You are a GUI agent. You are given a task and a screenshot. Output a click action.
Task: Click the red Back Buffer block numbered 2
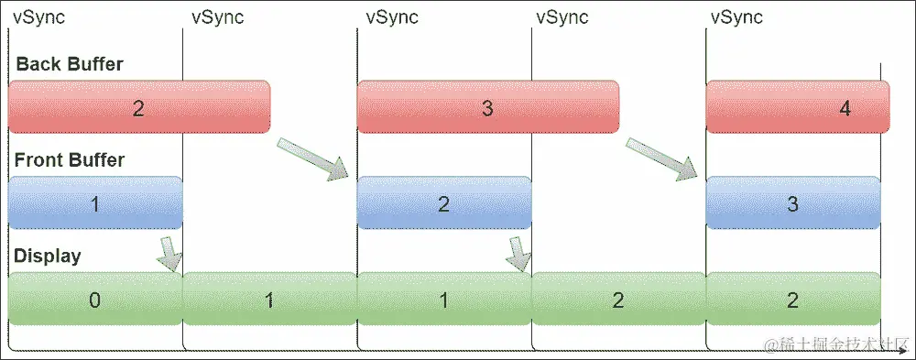138,108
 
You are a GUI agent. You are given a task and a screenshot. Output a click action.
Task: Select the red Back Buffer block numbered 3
487,108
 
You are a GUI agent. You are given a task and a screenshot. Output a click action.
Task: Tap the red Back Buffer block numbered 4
797,108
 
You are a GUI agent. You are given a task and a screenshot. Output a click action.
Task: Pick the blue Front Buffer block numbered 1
95,203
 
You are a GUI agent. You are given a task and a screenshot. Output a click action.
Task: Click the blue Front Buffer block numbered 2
443,203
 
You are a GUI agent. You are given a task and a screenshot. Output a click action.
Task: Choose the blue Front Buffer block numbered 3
793,203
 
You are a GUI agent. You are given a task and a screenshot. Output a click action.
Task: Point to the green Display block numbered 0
95,300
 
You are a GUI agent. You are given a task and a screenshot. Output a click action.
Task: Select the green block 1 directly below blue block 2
443,300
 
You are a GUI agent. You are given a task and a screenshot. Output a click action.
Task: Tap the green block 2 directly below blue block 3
793,300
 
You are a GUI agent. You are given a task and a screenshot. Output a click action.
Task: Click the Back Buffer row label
70,64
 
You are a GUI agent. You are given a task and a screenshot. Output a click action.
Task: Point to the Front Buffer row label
70,160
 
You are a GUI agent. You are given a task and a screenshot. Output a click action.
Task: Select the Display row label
47,256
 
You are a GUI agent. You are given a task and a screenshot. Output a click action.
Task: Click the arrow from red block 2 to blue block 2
313,157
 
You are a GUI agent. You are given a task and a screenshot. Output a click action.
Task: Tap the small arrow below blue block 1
169,254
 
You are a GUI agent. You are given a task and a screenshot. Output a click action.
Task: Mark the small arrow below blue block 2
519,254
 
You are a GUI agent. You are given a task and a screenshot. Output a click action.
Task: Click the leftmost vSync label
38,17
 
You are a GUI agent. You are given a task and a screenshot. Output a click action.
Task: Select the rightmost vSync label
736,17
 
